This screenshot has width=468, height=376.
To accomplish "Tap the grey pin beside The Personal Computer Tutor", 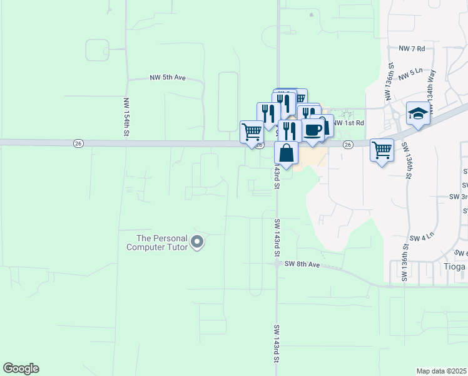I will tap(197, 242).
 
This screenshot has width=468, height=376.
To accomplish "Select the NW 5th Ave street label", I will tap(168, 78).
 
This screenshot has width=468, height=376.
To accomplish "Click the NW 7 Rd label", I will tap(412, 48).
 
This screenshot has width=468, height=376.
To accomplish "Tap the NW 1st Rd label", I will tap(348, 123).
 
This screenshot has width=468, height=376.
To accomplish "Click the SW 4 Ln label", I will tap(422, 238).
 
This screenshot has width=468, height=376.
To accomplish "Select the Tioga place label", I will tap(454, 266).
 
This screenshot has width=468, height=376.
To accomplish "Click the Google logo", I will tap(21, 368).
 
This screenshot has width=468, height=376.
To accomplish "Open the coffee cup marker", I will tap(313, 130).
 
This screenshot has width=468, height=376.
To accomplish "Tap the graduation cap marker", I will tap(418, 113).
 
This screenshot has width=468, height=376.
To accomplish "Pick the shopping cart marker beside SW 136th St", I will tap(382, 150).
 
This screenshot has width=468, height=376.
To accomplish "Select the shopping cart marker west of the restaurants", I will tap(252, 132).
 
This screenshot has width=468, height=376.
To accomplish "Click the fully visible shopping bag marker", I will tap(286, 154).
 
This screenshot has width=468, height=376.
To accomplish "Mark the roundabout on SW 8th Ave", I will tap(276, 264).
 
